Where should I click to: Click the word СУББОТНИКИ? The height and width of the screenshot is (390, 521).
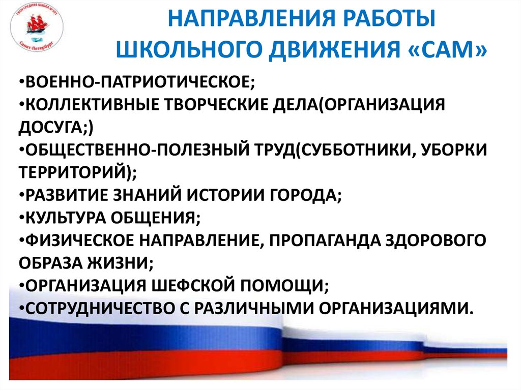(x=353, y=149)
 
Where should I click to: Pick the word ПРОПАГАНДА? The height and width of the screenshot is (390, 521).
(x=325, y=240)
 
